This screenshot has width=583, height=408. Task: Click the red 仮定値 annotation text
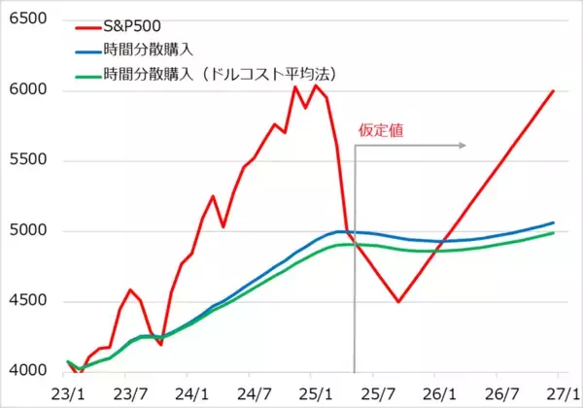(x=381, y=128)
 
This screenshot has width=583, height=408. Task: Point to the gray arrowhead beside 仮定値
(x=463, y=147)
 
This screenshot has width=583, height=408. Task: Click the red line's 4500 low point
(x=398, y=301)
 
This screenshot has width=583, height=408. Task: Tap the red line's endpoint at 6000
(x=554, y=91)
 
